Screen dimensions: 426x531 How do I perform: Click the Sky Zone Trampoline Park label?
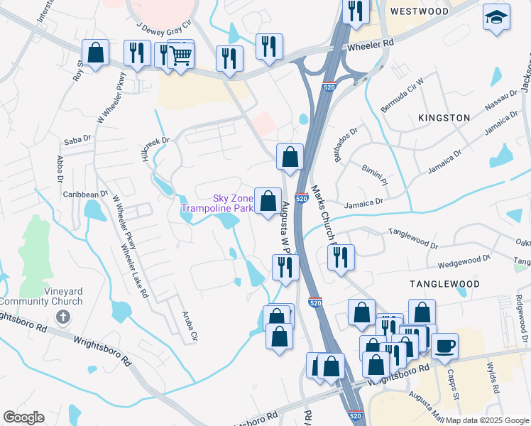click(217, 204)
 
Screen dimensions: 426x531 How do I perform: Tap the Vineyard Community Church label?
click(41, 295)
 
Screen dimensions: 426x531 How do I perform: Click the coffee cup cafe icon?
click(444, 346)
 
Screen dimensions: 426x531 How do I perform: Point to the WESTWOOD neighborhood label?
click(420, 12)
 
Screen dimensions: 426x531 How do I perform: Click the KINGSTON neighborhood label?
click(444, 117)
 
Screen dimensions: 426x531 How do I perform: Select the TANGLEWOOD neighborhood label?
click(444, 284)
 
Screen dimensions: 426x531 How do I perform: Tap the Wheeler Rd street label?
click(370, 44)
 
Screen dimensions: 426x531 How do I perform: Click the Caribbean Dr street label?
click(84, 193)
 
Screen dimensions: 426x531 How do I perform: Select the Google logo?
click(23, 417)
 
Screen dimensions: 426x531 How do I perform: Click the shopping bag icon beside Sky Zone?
click(268, 202)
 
